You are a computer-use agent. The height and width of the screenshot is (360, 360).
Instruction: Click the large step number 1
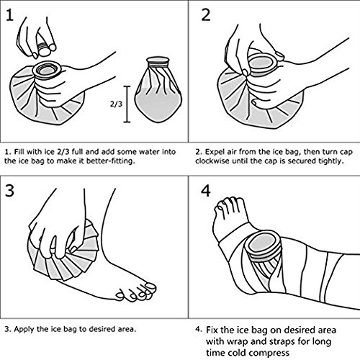pyautogui.click(x=10, y=15)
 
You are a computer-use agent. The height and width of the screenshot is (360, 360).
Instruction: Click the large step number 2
pyautogui.click(x=206, y=15)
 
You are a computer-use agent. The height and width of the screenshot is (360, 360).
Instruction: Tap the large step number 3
pyautogui.click(x=9, y=191)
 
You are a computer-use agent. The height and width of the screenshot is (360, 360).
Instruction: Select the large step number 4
pyautogui.click(x=206, y=191)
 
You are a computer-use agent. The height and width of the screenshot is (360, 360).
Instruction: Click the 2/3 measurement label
pyautogui.click(x=116, y=104)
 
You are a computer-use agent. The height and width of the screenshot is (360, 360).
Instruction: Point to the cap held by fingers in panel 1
pyautogui.click(x=44, y=50)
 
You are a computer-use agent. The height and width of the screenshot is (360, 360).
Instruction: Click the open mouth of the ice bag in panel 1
pyautogui.click(x=46, y=70)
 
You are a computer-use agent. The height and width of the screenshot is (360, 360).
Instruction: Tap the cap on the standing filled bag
pyautogui.click(x=158, y=62)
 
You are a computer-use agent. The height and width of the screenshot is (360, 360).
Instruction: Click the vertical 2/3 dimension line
pyautogui.click(x=127, y=104)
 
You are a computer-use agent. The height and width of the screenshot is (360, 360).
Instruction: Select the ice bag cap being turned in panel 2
pyautogui.click(x=262, y=63)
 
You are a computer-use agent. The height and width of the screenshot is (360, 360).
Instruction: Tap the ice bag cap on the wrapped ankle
pyautogui.click(x=264, y=246)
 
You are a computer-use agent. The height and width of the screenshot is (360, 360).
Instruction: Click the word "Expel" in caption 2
pyautogui.click(x=214, y=152)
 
